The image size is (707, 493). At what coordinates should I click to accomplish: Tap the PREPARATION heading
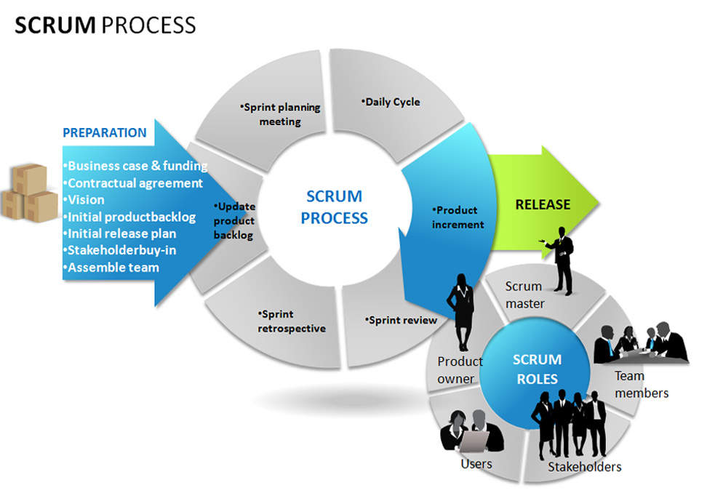pyautogui.click(x=104, y=132)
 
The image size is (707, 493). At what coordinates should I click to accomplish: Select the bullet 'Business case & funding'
pyautogui.click(x=136, y=166)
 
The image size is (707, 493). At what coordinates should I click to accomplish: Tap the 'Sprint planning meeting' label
pyautogui.click(x=280, y=114)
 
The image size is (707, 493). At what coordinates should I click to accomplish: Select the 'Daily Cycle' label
pyautogui.click(x=391, y=102)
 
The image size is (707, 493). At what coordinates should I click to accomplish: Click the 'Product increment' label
pyautogui.click(x=457, y=217)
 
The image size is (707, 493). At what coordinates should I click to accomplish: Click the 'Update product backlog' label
pyautogui.click(x=234, y=220)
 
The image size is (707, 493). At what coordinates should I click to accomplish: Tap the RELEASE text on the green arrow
pyautogui.click(x=543, y=204)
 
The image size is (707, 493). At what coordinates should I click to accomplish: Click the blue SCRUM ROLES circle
pyautogui.click(x=536, y=369)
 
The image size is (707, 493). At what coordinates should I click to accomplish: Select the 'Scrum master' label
pyautogui.click(x=524, y=294)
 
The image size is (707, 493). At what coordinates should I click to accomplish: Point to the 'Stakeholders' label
pyautogui.click(x=584, y=466)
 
